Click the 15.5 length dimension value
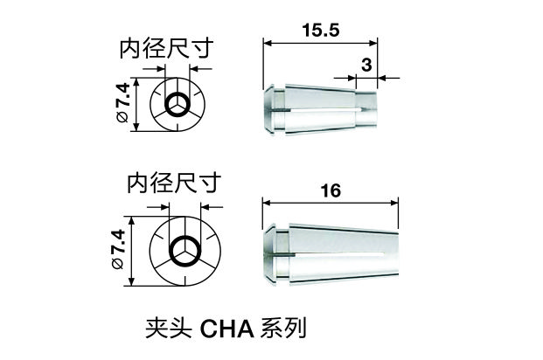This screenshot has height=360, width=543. tap(321, 30)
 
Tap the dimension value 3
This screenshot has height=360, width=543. tap(366, 65)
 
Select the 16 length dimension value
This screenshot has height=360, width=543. tap(331, 190)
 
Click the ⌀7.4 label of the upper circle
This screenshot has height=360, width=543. tap(123, 104)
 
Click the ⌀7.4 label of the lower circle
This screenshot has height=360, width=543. tap(117, 249)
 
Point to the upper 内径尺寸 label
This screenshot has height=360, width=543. tap(165, 49)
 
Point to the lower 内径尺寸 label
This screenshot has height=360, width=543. tap(174, 183)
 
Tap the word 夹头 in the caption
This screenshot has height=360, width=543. tap(169, 329)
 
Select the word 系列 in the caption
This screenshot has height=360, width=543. tap(283, 329)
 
